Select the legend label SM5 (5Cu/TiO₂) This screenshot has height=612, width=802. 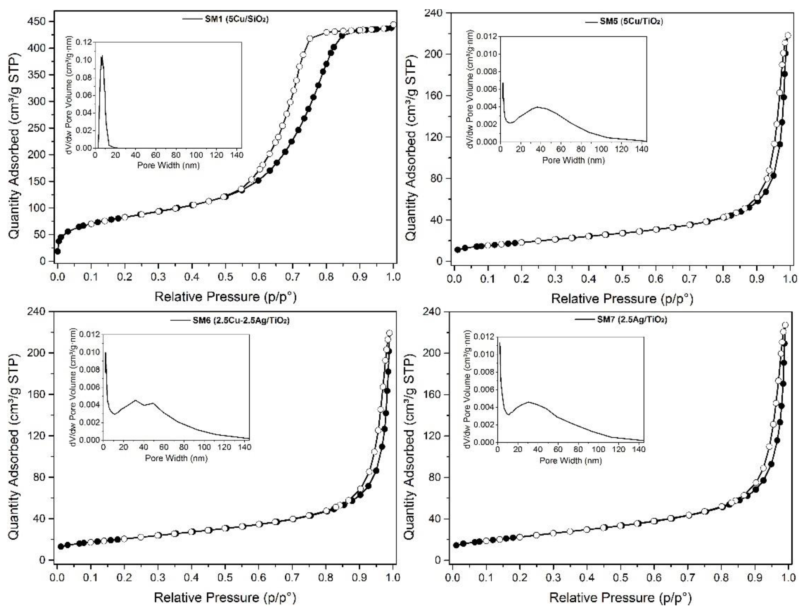click(631, 21)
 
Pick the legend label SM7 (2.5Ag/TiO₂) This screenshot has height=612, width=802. click(632, 319)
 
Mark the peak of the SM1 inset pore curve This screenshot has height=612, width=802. click(102, 56)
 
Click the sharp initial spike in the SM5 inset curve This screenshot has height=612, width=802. click(503, 83)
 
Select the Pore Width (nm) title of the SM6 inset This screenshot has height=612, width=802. click(176, 458)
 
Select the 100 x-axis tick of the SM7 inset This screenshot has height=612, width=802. click(599, 449)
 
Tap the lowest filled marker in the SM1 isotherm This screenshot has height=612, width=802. click(57, 251)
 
